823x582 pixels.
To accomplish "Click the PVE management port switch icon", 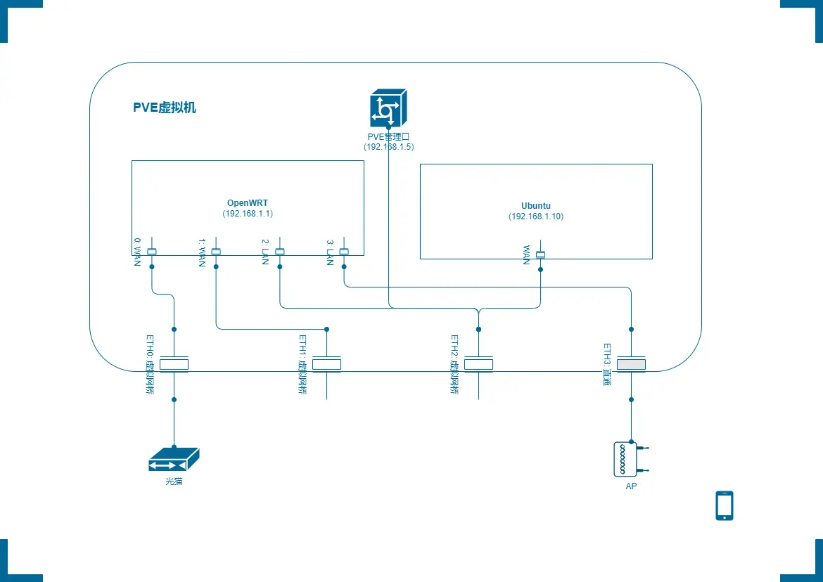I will pyautogui.click(x=388, y=109).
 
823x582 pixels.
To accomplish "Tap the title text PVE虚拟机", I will pyautogui.click(x=165, y=108).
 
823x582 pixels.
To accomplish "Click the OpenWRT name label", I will pyautogui.click(x=248, y=203).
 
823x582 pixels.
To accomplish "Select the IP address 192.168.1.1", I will pyautogui.click(x=248, y=214).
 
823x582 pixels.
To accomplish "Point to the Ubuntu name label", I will pyautogui.click(x=536, y=206).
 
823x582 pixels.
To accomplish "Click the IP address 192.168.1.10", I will pyautogui.click(x=536, y=216).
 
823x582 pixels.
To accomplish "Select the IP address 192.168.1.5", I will pyautogui.click(x=388, y=147).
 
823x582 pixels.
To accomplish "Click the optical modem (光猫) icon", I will pyautogui.click(x=174, y=460).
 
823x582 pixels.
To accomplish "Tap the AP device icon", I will pyautogui.click(x=626, y=460).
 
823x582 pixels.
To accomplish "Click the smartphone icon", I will pyautogui.click(x=724, y=505).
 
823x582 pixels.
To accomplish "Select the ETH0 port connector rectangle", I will pyautogui.click(x=174, y=364).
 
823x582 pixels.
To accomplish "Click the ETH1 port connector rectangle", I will pyautogui.click(x=326, y=364).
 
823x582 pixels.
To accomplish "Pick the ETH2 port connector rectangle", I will pyautogui.click(x=478, y=364).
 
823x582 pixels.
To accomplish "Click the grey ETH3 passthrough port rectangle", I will pyautogui.click(x=631, y=364).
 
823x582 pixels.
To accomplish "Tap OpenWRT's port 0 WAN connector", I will pyautogui.click(x=152, y=252).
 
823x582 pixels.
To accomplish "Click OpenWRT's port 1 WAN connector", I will pyautogui.click(x=216, y=252).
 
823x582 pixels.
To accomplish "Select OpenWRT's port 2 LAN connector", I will pyautogui.click(x=280, y=252).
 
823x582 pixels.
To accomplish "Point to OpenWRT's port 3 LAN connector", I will pyautogui.click(x=344, y=252).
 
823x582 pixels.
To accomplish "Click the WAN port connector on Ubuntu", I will pyautogui.click(x=541, y=254).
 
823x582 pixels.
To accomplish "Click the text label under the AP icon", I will pyautogui.click(x=631, y=486).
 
